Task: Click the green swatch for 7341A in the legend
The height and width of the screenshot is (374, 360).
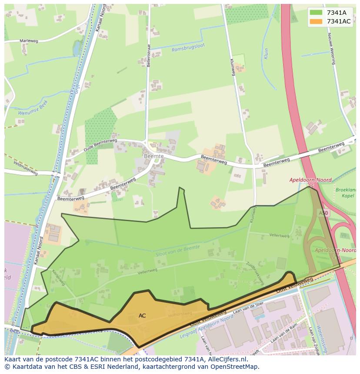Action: [316, 13]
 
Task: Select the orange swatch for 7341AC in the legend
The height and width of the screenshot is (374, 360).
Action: [316, 21]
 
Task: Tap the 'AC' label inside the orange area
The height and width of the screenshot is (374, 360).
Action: [142, 316]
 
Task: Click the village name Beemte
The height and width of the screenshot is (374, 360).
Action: [153, 156]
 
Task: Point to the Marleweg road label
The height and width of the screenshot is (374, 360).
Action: [29, 41]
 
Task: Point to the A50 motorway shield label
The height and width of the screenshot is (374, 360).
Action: [323, 213]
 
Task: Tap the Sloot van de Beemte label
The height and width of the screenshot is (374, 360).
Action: [177, 251]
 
